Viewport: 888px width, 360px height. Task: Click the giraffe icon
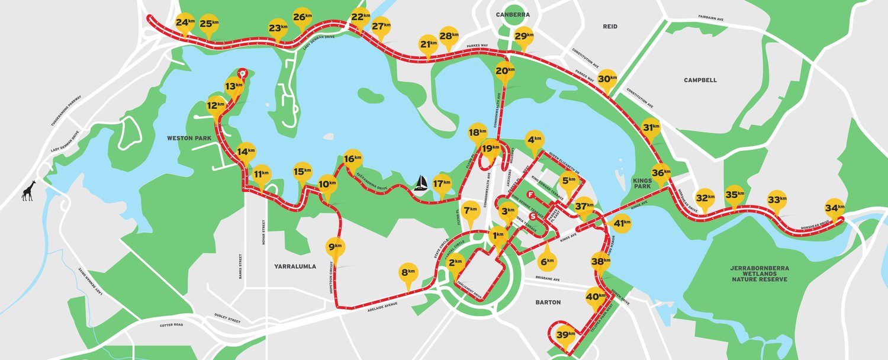[x=28, y=191]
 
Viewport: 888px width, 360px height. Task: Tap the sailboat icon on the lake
[x=420, y=183]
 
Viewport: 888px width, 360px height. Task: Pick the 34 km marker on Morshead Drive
[x=835, y=208]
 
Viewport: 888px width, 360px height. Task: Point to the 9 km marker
[x=335, y=247]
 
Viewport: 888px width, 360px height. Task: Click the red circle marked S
[x=533, y=216]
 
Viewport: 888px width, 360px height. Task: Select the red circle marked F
[x=531, y=194]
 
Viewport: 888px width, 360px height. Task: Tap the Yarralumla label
[x=295, y=266]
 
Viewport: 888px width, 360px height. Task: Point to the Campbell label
[x=700, y=80]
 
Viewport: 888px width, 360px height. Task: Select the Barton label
[x=547, y=302]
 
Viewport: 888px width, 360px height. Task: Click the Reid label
[x=610, y=27]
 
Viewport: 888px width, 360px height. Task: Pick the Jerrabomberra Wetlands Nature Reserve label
[x=760, y=274]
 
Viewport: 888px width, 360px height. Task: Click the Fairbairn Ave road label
[x=711, y=19]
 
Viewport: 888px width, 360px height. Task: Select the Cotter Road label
[x=171, y=325]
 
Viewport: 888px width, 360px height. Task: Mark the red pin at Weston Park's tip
[x=242, y=73]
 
